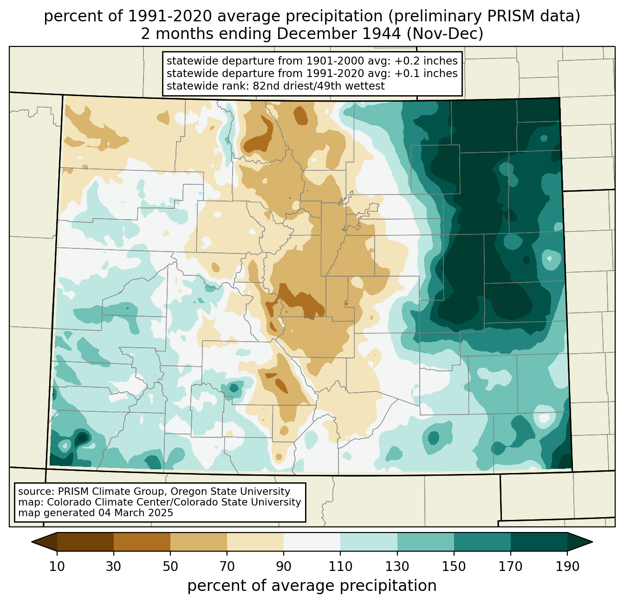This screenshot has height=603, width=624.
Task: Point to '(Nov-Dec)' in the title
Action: click(x=445, y=34)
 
